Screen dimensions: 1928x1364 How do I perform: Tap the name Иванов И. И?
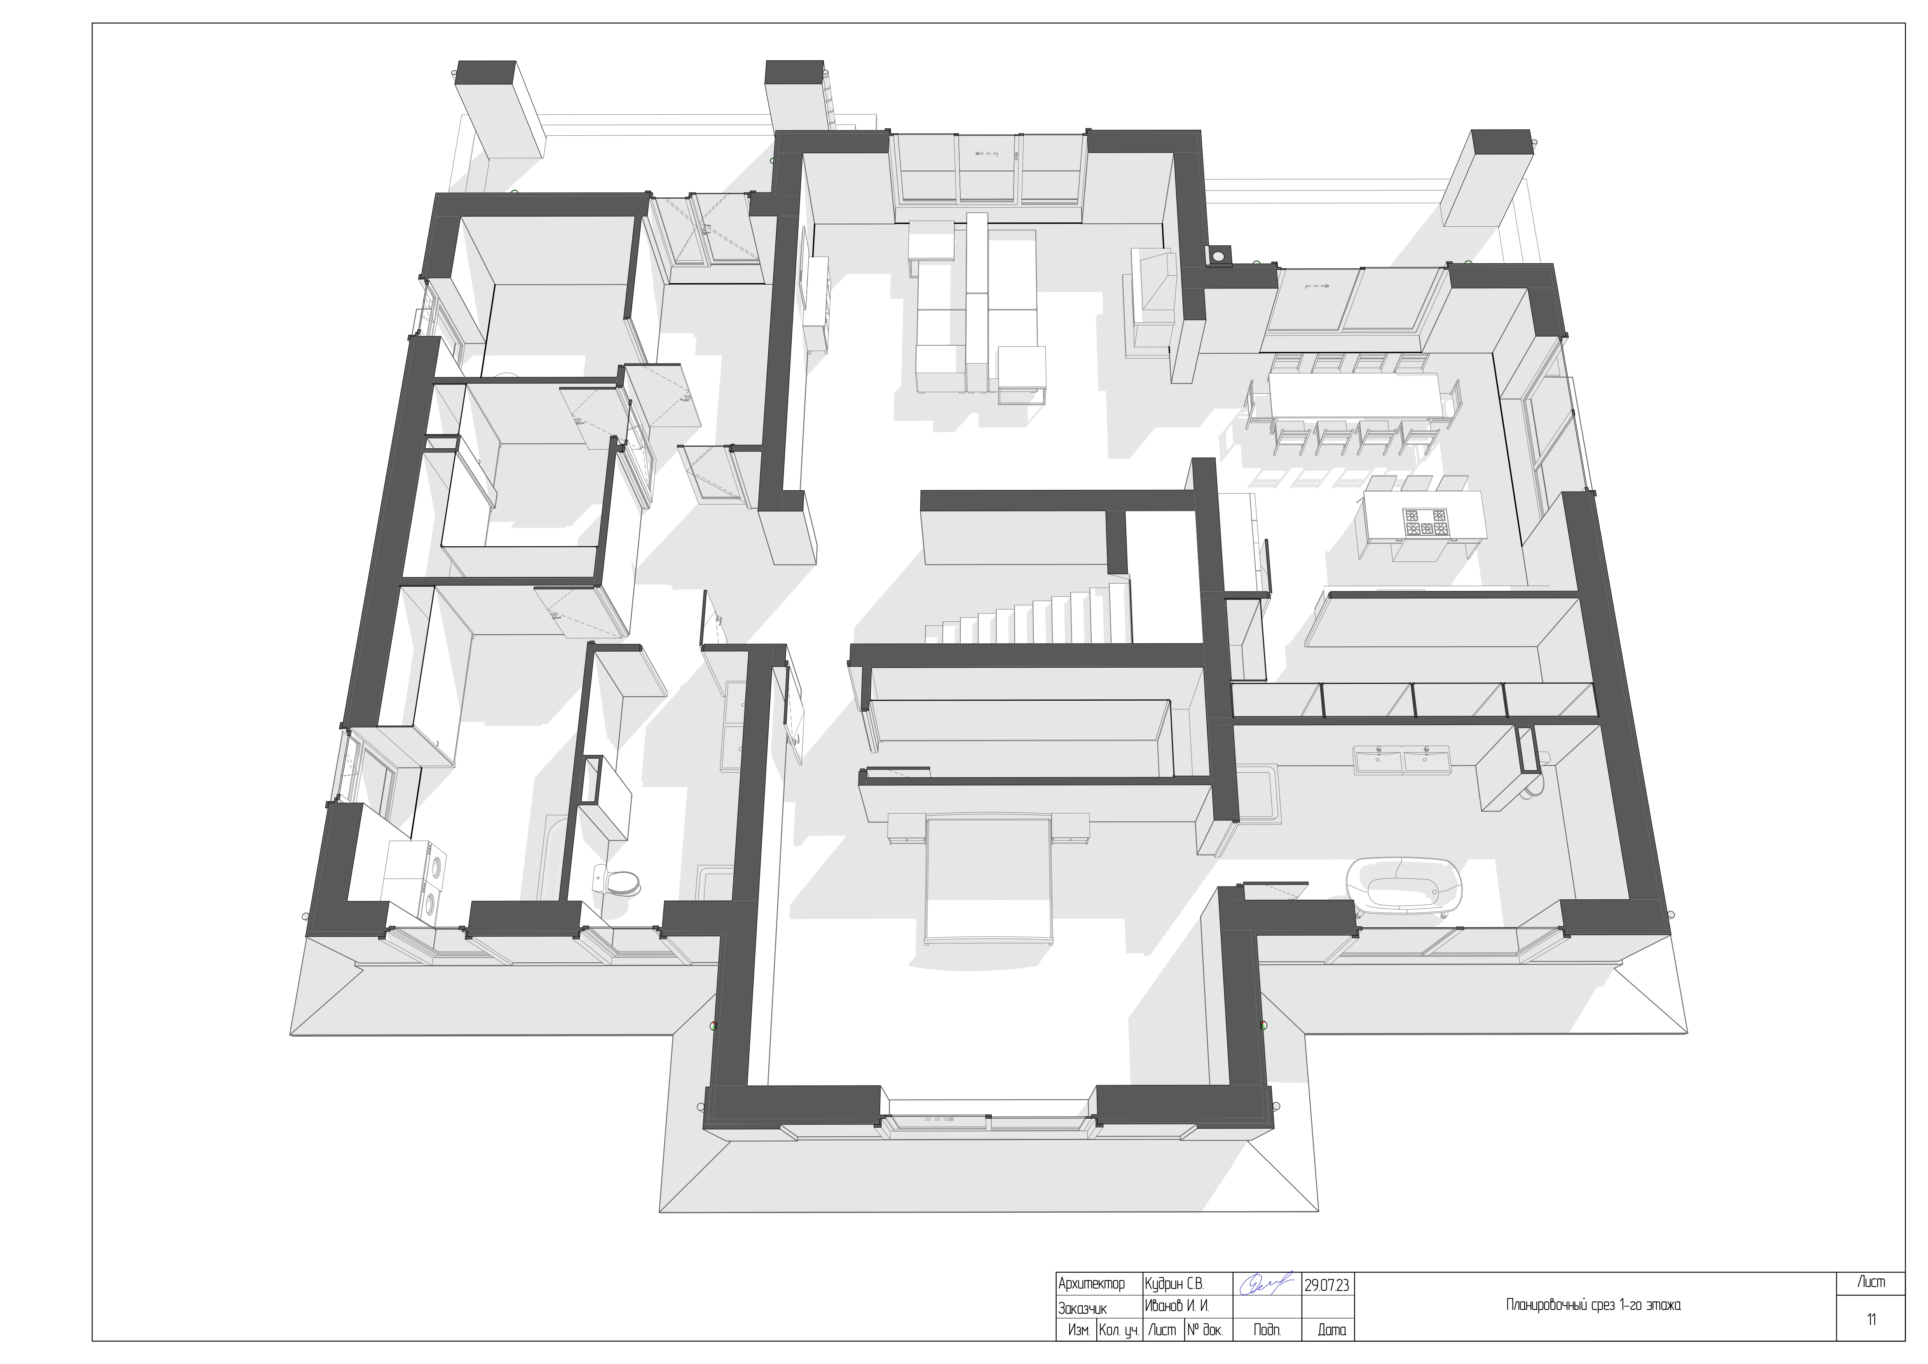(1176, 1307)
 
